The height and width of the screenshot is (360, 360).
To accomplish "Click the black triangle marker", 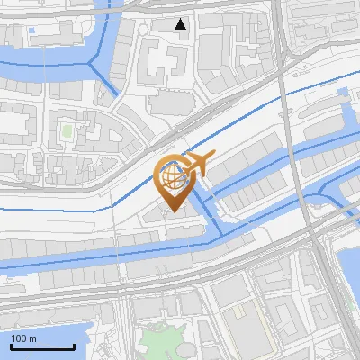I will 181,24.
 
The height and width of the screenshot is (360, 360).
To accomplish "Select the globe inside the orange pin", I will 171,175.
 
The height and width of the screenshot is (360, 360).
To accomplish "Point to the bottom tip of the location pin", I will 172,212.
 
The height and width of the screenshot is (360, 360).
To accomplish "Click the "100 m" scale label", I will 23,338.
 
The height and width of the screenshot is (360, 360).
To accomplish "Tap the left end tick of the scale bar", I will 11,346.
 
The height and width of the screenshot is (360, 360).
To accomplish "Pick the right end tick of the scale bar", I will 74,346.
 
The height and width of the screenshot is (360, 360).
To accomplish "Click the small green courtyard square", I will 67,132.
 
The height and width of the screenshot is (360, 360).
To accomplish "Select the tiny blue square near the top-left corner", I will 32,31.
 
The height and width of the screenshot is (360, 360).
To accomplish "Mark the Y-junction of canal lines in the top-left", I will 94,61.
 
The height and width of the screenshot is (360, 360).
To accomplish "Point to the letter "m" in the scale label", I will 32,338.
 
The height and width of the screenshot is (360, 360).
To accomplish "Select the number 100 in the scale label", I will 19,338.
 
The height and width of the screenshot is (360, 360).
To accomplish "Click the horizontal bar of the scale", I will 42,347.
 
